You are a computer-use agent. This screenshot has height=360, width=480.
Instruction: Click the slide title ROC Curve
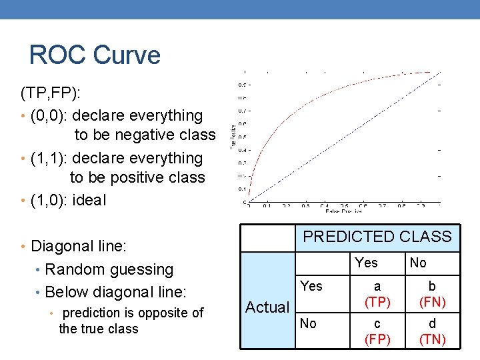point(95,55)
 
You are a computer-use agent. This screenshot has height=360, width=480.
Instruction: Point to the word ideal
point(89,200)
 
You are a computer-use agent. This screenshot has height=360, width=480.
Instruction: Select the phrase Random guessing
point(109,269)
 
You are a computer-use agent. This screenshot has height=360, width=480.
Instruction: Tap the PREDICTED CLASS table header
point(377,237)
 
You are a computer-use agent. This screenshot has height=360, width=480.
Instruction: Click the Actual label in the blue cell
point(267,307)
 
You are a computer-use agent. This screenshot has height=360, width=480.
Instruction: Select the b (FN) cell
point(432,294)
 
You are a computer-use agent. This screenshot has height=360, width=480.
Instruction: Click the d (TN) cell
point(432,331)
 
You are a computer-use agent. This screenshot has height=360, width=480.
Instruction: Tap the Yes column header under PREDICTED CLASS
point(367,263)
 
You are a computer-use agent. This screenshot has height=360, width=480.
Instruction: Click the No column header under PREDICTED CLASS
point(418,263)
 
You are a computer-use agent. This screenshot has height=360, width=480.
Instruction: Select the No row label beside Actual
point(309,323)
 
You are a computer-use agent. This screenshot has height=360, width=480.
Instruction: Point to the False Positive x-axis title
point(343,212)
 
